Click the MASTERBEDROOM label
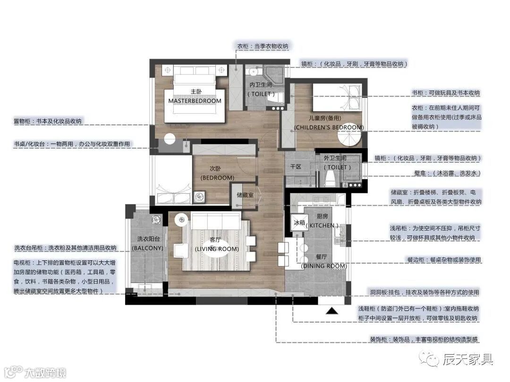195,101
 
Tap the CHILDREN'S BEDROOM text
329,127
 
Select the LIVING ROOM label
217,249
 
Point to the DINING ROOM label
324,266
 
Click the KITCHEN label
323,225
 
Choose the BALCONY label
148,248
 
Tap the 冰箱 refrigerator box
299,223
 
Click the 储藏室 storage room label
245,195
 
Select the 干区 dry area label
296,166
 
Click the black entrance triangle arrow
332,311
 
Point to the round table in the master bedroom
170,139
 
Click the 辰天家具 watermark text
467,359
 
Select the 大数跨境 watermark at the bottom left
45,373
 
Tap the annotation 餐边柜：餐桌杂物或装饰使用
444,260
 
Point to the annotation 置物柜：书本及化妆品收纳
48,121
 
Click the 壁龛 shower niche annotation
447,174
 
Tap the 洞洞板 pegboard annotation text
425,292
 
